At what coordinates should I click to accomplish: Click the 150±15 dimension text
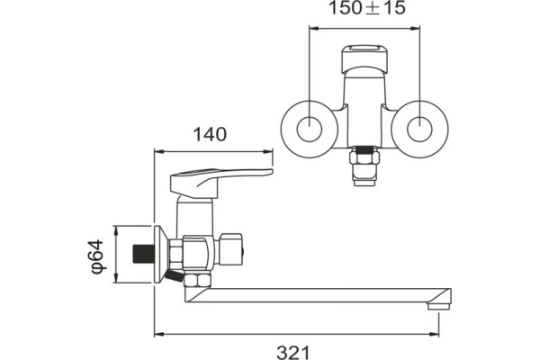pos(367,8)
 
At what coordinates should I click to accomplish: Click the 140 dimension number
pos(210,134)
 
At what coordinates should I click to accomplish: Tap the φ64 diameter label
pos(97,256)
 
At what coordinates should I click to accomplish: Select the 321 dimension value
pos(293,353)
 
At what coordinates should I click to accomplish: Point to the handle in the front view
pos(365,58)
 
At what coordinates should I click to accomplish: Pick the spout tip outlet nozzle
pos(439,305)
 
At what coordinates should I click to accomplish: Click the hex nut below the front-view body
pos(364,158)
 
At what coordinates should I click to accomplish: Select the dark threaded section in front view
pos(364,150)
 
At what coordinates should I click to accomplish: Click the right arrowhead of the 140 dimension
pos(268,151)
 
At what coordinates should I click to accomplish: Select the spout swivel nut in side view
pos(197,280)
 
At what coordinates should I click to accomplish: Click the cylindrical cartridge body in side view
pos(194,216)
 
